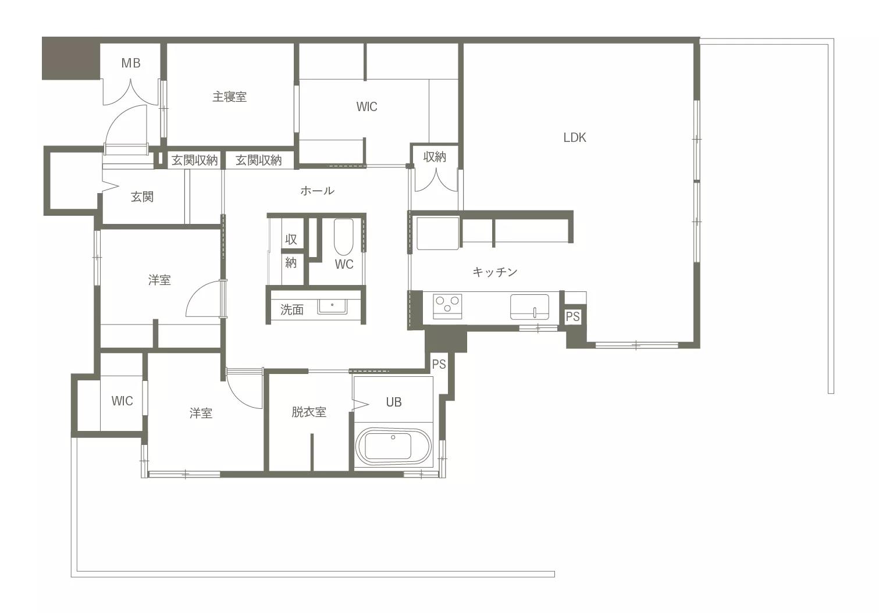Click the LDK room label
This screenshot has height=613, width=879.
pos(575,138)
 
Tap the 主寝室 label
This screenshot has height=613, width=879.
pos(230,97)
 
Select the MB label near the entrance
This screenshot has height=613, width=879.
pos(131,63)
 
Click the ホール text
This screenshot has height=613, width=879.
pos(317,191)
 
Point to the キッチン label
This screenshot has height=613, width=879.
pos(495,272)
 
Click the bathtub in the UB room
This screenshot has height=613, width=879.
pos(393,446)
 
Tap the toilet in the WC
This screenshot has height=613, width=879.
pos(343,237)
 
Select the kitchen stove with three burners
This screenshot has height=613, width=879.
pos(447,306)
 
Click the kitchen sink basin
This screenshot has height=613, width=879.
pos(529,306)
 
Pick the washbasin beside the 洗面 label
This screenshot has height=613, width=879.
pos(332,306)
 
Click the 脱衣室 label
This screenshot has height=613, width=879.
pos(309,412)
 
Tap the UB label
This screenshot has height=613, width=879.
pos(394,402)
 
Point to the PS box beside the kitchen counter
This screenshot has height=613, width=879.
pos(572,316)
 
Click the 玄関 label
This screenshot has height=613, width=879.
pos(142,197)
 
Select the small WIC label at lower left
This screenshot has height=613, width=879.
pos(122,401)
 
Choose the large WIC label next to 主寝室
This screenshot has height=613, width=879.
pos(366,106)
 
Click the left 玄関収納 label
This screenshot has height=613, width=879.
pos(195,161)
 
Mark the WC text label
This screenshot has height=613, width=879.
pos(344,265)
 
